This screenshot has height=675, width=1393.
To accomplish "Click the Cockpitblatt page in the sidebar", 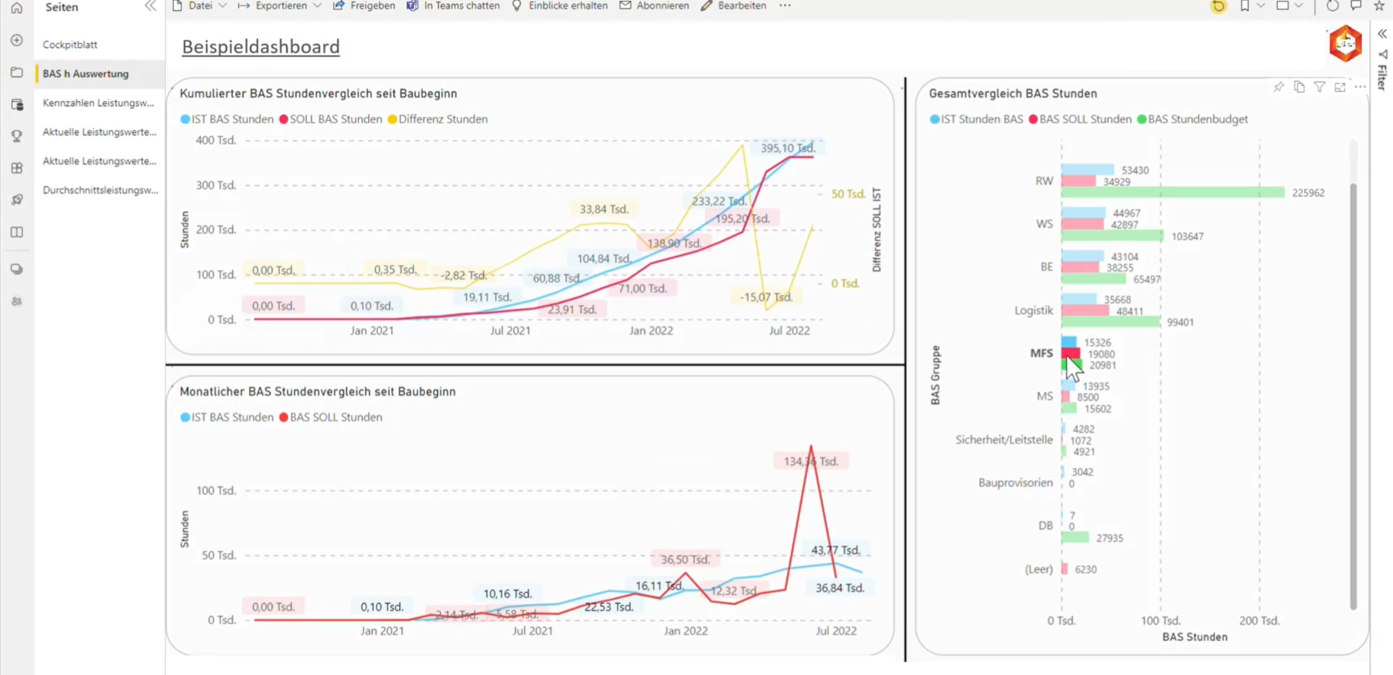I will click(x=70, y=44).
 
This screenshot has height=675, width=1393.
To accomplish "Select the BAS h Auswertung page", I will click(x=86, y=73).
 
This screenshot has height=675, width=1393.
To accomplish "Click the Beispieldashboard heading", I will click(x=260, y=46).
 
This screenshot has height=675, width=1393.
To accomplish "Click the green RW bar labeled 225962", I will click(x=1172, y=192).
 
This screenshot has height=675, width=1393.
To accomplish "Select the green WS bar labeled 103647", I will click(x=1111, y=236).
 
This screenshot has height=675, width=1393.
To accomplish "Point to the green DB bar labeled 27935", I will click(x=1074, y=538).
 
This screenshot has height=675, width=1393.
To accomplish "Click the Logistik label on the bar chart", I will click(x=1033, y=310).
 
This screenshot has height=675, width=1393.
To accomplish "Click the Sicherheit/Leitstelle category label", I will click(x=1003, y=439).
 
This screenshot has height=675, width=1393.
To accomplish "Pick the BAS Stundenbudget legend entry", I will click(x=1197, y=119).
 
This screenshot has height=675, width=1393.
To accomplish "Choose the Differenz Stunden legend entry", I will click(x=443, y=119).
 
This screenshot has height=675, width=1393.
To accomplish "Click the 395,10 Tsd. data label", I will click(x=787, y=148).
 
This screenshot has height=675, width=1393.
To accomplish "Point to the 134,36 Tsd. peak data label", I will click(x=810, y=461).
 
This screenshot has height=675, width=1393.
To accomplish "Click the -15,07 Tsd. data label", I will click(x=765, y=297).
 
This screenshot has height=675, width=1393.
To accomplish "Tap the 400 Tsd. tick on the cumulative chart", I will click(x=215, y=140).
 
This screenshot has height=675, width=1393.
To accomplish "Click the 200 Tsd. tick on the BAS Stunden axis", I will click(x=1259, y=621).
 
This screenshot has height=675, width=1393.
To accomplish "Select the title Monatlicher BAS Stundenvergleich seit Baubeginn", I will click(x=318, y=391).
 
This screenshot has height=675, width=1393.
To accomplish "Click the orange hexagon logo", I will click(x=1345, y=44).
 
